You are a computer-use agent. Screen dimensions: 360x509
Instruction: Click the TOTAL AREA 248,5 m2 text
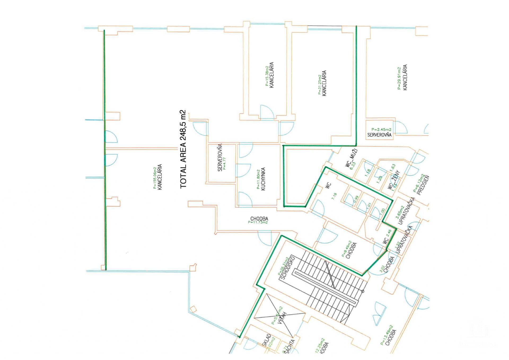tap(183, 149)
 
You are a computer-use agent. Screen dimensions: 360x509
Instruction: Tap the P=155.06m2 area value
tap(155, 178)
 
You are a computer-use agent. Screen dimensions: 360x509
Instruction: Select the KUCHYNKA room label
tap(263, 179)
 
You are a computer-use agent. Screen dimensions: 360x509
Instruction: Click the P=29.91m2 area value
tap(399, 78)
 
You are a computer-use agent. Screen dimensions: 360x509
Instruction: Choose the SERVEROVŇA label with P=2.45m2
tap(379, 135)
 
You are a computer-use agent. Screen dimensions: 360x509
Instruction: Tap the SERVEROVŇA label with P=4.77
tap(220, 158)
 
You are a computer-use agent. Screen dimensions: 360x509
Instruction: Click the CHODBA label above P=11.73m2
tap(259, 219)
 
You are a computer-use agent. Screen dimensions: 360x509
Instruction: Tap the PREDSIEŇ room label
tap(423, 185)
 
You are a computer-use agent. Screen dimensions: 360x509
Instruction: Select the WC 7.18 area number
tap(334, 196)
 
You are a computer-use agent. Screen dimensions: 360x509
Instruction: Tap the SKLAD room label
tap(266, 340)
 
